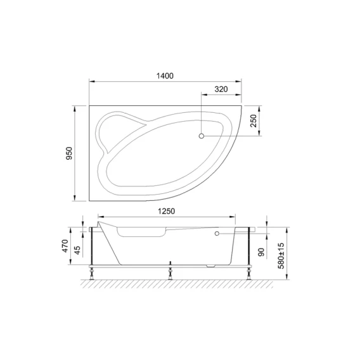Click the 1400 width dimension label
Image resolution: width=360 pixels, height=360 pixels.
[165, 76]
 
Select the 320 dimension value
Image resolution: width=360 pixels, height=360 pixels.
[221, 89]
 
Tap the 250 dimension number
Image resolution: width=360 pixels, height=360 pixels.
[254, 121]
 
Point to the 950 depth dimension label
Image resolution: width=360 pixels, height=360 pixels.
[69, 153]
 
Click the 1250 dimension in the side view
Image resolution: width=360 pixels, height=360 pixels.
[167, 211]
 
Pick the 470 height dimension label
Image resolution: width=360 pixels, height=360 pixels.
[65, 246]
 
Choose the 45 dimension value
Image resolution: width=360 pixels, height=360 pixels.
[78, 250]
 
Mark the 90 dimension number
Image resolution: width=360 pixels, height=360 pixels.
[261, 252]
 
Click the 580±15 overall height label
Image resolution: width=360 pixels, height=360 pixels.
[281, 256]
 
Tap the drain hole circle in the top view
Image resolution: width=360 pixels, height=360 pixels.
[202, 136]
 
